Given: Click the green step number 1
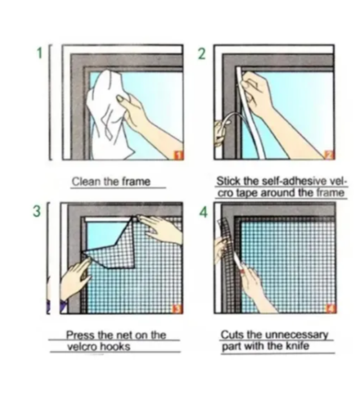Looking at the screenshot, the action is pos(39,53).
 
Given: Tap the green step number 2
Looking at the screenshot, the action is pos(202,54).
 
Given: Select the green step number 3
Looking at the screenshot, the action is pos(37,211).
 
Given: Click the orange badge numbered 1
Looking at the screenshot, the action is pos(178,155).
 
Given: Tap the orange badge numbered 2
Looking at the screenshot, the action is pos(329,155).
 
